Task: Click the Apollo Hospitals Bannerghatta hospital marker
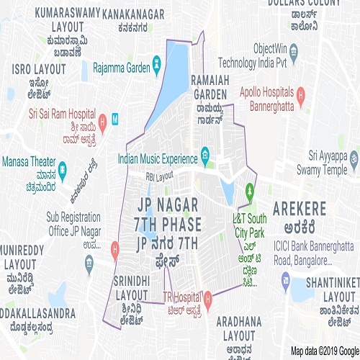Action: click(301, 94)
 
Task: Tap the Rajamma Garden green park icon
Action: click(156, 70)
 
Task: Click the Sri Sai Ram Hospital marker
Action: click(103, 120)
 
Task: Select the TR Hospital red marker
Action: click(208, 297)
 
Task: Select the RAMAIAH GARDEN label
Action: click(210, 87)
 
